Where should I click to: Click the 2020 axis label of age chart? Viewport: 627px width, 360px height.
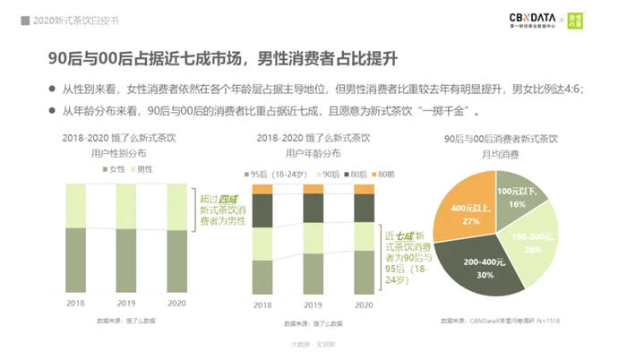364,304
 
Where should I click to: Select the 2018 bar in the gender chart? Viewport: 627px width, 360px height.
75,239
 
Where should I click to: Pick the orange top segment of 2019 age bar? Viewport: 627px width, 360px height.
313,189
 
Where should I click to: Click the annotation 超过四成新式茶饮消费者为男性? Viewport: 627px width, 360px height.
219,207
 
